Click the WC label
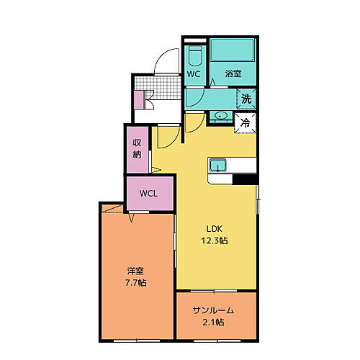click(x=194, y=74)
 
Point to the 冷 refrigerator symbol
click(x=246, y=123)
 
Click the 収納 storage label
click(x=137, y=149)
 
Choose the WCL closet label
click(x=150, y=193)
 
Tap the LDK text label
click(x=215, y=228)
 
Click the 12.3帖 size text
click(x=215, y=240)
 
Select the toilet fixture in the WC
click(x=194, y=57)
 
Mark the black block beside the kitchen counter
click(x=244, y=179)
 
